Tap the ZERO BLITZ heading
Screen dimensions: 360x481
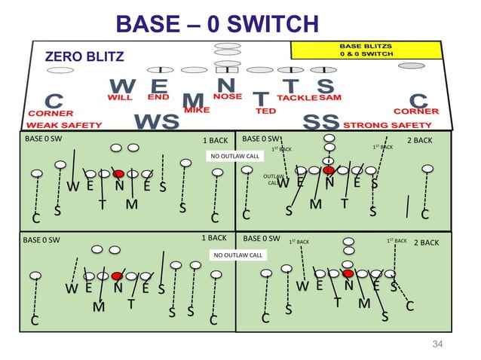coord(81,56)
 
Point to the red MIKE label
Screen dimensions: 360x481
coord(196,111)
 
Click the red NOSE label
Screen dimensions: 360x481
coord(228,97)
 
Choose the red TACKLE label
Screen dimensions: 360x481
coord(296,97)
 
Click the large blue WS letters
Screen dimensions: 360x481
coord(157,121)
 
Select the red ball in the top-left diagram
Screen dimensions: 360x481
coord(118,173)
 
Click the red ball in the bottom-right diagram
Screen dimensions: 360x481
coord(348,273)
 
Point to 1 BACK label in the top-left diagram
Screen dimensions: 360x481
coord(215,140)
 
